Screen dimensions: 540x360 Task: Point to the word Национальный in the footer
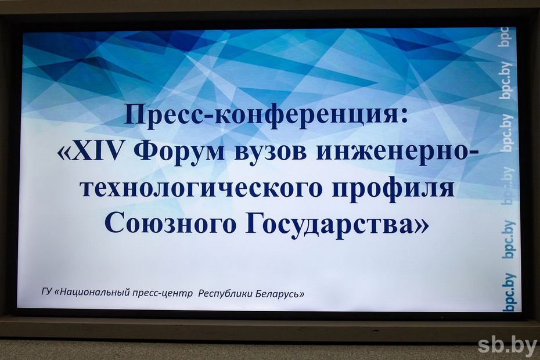point(93,293)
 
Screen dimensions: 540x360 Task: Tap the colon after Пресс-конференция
point(403,117)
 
